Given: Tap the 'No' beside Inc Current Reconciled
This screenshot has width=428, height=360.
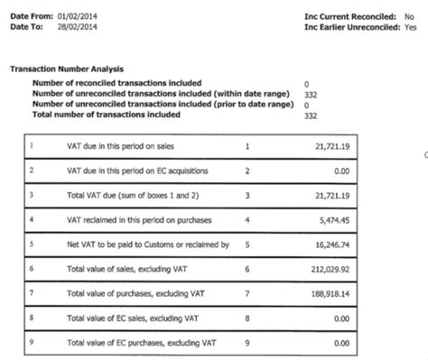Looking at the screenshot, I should click(x=410, y=16).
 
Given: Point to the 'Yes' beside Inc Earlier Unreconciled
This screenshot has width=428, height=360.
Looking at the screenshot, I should click(x=411, y=27).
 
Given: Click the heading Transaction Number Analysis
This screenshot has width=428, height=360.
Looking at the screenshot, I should click(x=67, y=69).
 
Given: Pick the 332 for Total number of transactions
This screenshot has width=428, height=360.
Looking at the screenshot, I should click(x=311, y=115).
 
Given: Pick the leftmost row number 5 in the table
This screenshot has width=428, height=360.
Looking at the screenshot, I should click(x=33, y=243).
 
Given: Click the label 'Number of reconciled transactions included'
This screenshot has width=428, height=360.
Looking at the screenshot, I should click(x=120, y=82).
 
